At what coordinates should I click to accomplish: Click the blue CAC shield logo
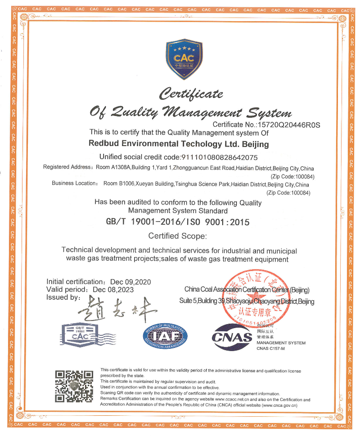[184, 59]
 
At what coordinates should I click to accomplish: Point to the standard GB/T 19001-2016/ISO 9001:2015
[177, 222]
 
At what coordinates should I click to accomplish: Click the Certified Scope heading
[177, 236]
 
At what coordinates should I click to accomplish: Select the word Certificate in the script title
[191, 94]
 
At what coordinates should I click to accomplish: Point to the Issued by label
[63, 298]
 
